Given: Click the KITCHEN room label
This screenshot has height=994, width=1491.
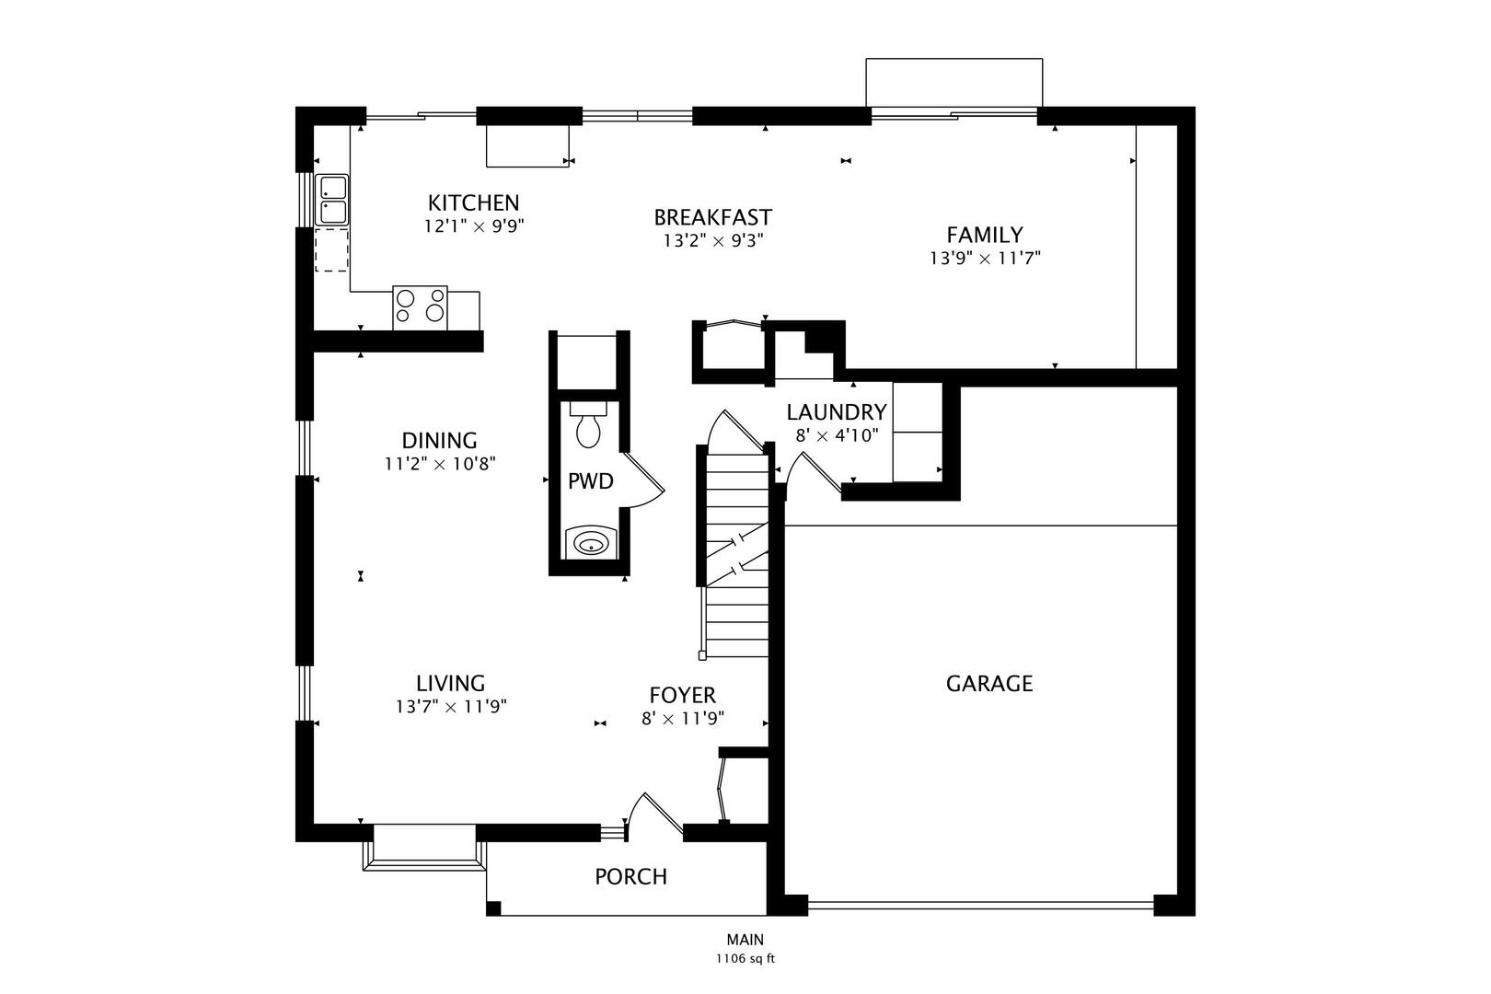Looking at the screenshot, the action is (x=473, y=202).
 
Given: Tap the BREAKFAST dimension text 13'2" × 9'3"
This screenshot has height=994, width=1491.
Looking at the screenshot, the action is (x=713, y=240).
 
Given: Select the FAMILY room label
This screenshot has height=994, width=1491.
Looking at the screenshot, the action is (x=985, y=235).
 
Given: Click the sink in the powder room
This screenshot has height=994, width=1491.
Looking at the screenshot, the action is (x=590, y=543).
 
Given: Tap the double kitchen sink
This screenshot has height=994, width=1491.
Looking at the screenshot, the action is (x=331, y=200).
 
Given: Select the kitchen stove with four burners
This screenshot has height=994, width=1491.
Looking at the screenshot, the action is (x=420, y=307).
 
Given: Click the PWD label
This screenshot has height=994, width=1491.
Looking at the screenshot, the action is (x=590, y=481).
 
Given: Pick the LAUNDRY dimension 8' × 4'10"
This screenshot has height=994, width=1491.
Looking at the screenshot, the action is (x=837, y=435).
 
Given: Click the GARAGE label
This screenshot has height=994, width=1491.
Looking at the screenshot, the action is (x=989, y=684).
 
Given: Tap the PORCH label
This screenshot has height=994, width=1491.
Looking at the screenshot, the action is (x=631, y=877).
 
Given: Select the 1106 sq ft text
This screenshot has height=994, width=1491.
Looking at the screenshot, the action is (x=745, y=959).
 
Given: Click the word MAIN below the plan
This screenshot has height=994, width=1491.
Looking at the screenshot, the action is (x=745, y=940).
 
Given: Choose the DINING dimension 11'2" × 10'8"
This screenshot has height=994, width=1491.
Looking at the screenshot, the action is (x=440, y=463).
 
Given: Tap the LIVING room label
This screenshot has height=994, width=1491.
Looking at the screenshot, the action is (x=451, y=683).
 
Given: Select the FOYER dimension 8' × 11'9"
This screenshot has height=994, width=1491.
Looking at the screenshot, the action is (x=683, y=719).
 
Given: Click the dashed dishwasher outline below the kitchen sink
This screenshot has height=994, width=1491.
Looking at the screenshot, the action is (x=331, y=249).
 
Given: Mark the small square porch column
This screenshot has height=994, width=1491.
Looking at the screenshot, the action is (x=493, y=908).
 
